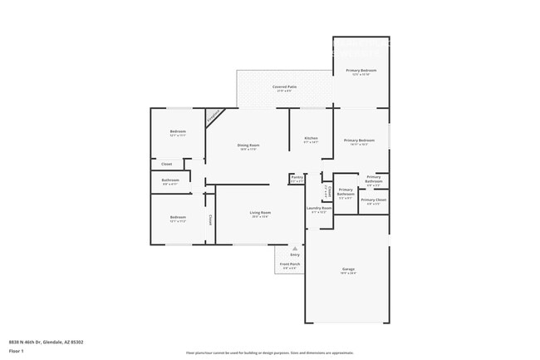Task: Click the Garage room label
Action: [x=348, y=269]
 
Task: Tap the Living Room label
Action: [x=260, y=213]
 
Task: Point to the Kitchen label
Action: [x=311, y=138]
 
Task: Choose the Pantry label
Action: [x=297, y=177]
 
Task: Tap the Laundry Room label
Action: [x=319, y=208]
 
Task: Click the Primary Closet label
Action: [x=373, y=200]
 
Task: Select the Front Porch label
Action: [x=290, y=264]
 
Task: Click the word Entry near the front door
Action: [x=294, y=254]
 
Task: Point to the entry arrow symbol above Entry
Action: [x=294, y=248]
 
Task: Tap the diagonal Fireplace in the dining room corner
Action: [x=214, y=117]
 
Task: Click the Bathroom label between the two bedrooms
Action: [x=170, y=180]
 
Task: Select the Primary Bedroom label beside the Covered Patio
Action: [x=361, y=71]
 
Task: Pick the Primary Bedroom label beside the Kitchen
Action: [x=360, y=141]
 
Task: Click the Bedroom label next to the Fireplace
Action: [x=178, y=131]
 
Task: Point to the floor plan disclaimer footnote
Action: [x=270, y=353]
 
